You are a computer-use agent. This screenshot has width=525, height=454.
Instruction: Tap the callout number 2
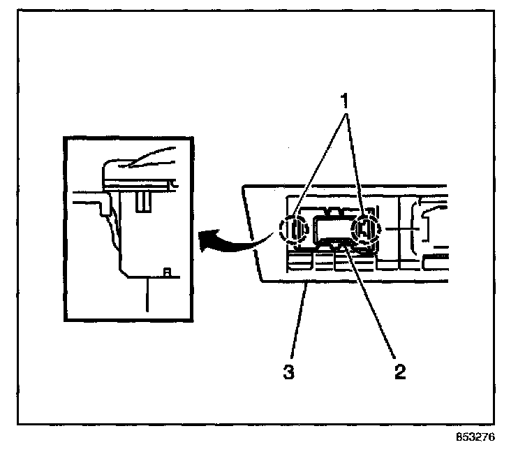tap(399, 369)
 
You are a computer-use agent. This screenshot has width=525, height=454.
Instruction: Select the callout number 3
tap(288, 371)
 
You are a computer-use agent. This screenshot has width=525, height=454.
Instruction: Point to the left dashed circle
tap(293, 230)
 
